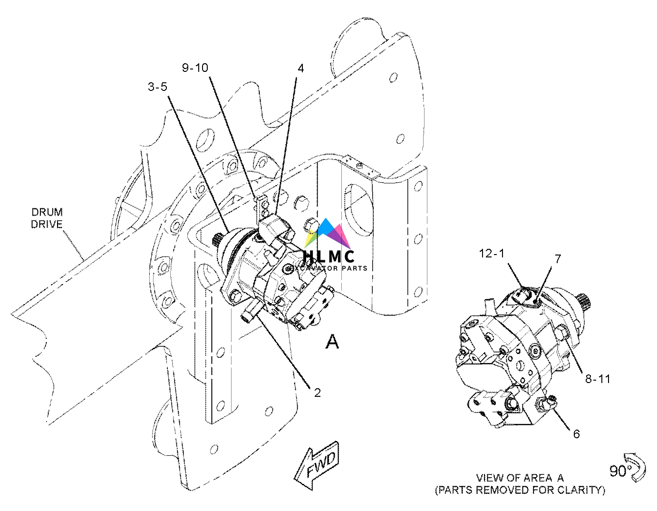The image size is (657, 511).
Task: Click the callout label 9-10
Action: click(195, 68)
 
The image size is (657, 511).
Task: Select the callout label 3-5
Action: click(157, 87)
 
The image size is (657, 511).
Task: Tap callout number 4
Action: click(300, 69)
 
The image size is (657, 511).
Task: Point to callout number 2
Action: click(317, 393)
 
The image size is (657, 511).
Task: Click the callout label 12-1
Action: click(491, 254)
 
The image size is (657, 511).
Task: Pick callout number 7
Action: click(558, 259)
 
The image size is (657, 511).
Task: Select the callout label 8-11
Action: click(597, 379)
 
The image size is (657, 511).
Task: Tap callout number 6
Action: click(576, 434)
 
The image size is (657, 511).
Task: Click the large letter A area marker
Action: click(332, 341)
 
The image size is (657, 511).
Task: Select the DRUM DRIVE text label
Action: click(47, 218)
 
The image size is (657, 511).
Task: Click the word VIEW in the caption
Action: click(489, 478)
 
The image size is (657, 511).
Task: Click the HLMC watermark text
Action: click(328, 256)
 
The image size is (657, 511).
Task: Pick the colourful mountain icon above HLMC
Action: click(328, 234)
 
